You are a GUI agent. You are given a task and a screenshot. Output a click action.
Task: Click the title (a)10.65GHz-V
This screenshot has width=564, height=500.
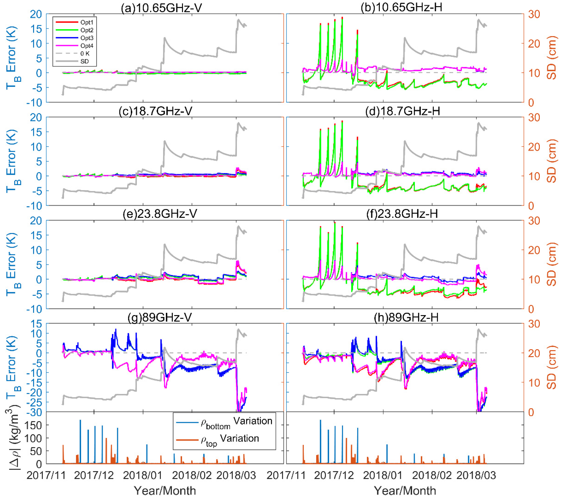[x=161, y=7]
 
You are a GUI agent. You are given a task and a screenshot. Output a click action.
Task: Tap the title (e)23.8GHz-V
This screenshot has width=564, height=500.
[x=160, y=214]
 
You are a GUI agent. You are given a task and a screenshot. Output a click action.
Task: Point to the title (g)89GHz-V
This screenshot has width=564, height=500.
[x=160, y=317]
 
